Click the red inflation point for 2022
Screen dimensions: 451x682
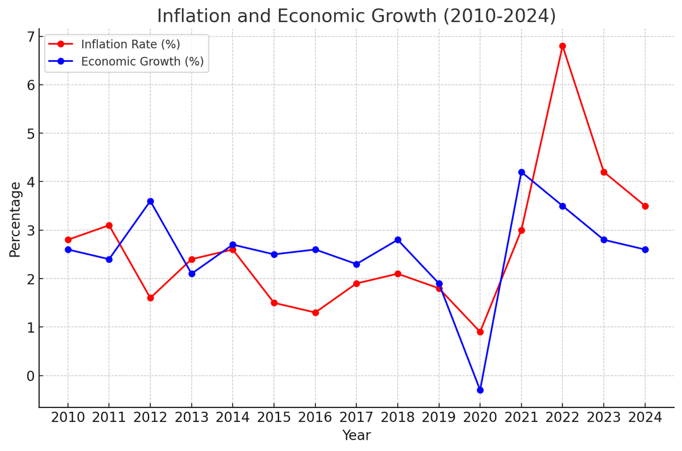(x=563, y=46)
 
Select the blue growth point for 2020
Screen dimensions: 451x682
(x=480, y=390)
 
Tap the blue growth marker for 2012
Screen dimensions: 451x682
(x=150, y=201)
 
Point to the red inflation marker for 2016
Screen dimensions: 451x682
(x=315, y=313)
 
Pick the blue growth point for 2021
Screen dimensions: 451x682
(x=522, y=172)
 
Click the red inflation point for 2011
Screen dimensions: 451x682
(x=109, y=225)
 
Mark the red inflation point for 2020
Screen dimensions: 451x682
(x=480, y=332)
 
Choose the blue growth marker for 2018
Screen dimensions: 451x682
(x=398, y=240)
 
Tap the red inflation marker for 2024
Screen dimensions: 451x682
(x=645, y=206)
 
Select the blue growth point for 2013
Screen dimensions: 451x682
(x=191, y=274)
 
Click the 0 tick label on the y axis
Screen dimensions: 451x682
(x=30, y=376)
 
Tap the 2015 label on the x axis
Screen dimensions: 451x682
(x=274, y=418)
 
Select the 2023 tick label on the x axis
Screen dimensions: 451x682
(x=604, y=418)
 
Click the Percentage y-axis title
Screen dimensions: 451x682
(x=15, y=219)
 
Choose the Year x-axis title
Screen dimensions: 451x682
(x=356, y=436)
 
